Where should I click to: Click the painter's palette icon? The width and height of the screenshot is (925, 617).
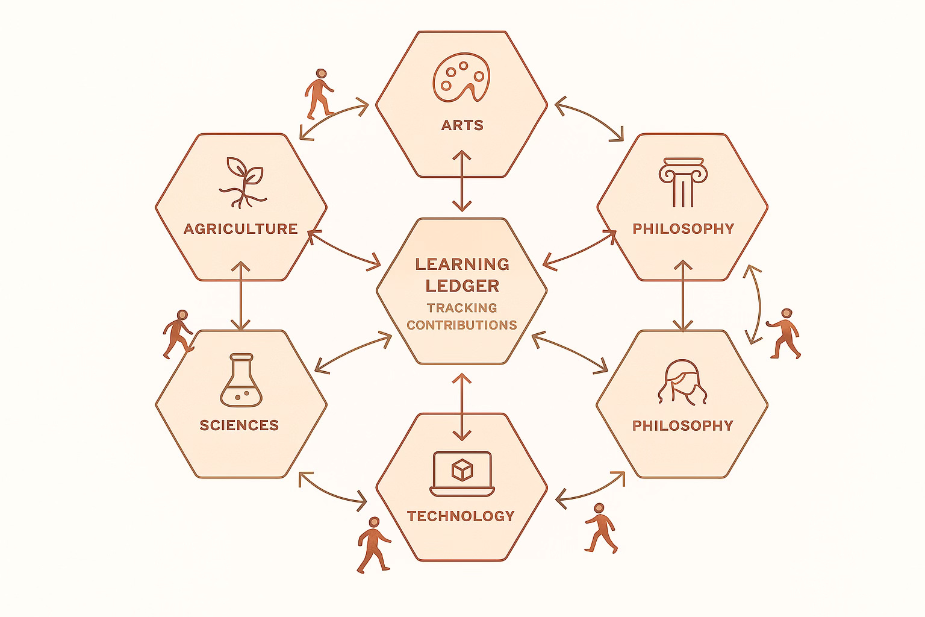[461, 79]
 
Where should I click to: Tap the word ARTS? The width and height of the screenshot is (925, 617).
[462, 125]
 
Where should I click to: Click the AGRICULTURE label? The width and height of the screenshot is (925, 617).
[240, 229]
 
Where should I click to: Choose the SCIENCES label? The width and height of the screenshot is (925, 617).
[239, 425]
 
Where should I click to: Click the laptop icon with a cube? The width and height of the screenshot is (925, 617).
[462, 474]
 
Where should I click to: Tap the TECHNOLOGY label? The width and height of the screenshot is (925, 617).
[461, 516]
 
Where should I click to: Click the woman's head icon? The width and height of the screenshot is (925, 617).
[681, 382]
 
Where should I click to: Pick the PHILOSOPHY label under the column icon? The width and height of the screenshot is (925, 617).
[683, 229]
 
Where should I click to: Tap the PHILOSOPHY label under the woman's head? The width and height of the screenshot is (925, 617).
[682, 425]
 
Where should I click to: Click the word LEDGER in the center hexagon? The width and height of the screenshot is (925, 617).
[462, 285]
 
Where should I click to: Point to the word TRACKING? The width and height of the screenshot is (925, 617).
[462, 308]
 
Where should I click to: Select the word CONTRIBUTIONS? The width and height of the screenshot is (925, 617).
[462, 325]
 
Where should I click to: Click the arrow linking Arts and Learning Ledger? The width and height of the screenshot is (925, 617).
[462, 181]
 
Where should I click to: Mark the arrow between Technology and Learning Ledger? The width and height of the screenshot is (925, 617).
[462, 407]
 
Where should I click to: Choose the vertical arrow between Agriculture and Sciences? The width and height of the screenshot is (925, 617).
[241, 295]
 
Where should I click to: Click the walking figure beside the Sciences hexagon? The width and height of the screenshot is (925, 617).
[177, 334]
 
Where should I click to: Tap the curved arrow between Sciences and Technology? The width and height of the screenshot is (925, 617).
[332, 489]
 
